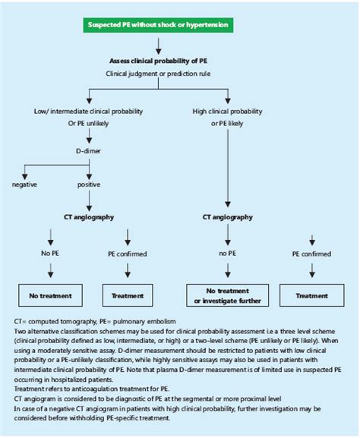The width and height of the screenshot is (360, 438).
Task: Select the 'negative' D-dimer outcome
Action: (24, 184)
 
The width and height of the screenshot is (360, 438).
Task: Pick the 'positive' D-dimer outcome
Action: (90, 184)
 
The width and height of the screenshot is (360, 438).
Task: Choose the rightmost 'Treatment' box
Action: (312, 296)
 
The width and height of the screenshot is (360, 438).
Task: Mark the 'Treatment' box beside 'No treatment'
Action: (127, 296)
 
